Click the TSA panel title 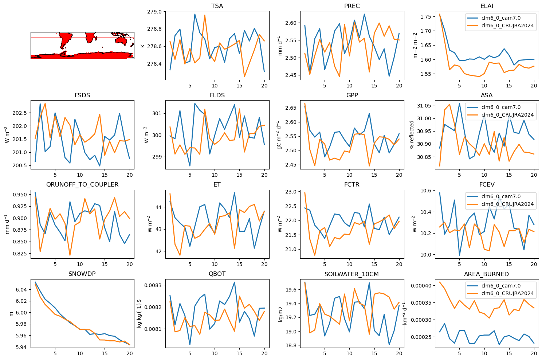[217, 6]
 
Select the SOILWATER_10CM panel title [351, 274]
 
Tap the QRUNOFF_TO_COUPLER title [82, 184]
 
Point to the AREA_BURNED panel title [487, 274]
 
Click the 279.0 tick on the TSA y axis [154, 12]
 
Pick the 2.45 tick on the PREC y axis [291, 75]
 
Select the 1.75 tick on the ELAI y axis [425, 17]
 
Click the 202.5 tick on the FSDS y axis [20, 113]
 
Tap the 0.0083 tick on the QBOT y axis [153, 285]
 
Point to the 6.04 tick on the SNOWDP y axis [21, 290]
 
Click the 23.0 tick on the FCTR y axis [291, 192]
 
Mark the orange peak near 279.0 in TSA [205, 15]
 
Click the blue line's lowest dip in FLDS [190, 166]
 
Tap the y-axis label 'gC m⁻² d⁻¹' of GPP [279, 135]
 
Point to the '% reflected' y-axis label [412, 135]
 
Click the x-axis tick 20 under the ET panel [264, 265]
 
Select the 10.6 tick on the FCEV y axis [425, 191]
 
